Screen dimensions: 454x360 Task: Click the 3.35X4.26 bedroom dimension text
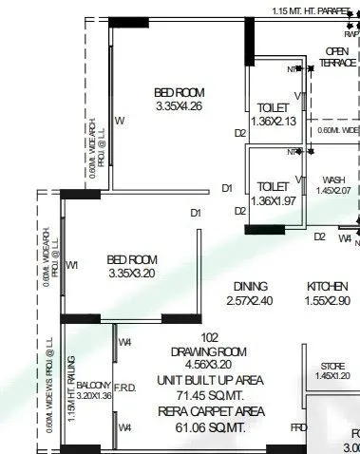pyautogui.click(x=180, y=107)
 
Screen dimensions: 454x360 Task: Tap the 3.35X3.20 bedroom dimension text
pyautogui.click(x=132, y=274)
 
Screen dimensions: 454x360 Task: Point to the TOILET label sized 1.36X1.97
pyautogui.click(x=274, y=187)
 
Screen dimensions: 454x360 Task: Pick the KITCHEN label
pyautogui.click(x=328, y=286)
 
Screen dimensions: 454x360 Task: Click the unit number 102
pyautogui.click(x=210, y=337)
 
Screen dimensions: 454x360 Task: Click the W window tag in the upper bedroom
pyautogui.click(x=120, y=122)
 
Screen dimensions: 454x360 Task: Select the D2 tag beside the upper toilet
pyautogui.click(x=240, y=133)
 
